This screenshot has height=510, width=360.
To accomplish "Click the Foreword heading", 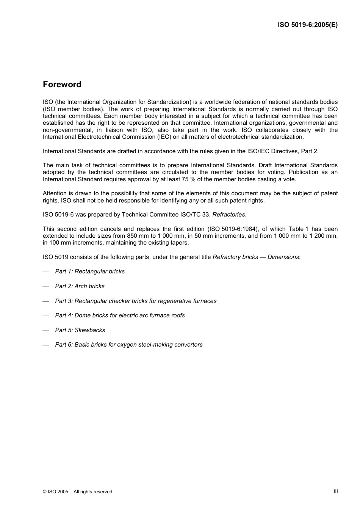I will point(62,85).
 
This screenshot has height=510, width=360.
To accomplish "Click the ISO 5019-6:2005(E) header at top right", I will point(307,25).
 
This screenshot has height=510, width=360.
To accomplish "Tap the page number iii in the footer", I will point(336,491).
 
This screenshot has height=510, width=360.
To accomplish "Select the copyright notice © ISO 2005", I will point(77,492).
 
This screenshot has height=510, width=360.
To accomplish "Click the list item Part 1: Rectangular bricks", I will point(90,271).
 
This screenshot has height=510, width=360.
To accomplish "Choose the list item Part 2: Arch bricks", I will point(80,286).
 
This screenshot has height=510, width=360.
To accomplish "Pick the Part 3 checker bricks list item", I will point(136,301).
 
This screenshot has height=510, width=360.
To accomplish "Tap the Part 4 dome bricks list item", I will point(120,315).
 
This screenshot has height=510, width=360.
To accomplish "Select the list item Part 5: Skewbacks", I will point(80,330).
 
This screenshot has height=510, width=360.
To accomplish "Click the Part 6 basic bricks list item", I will point(129,345).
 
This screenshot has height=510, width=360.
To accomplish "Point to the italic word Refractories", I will point(229,215).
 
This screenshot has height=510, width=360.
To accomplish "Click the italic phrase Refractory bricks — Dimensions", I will point(256,257).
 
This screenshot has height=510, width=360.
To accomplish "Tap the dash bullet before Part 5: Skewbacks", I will point(46,331).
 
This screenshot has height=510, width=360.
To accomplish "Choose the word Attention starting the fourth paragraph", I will point(55,193).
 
